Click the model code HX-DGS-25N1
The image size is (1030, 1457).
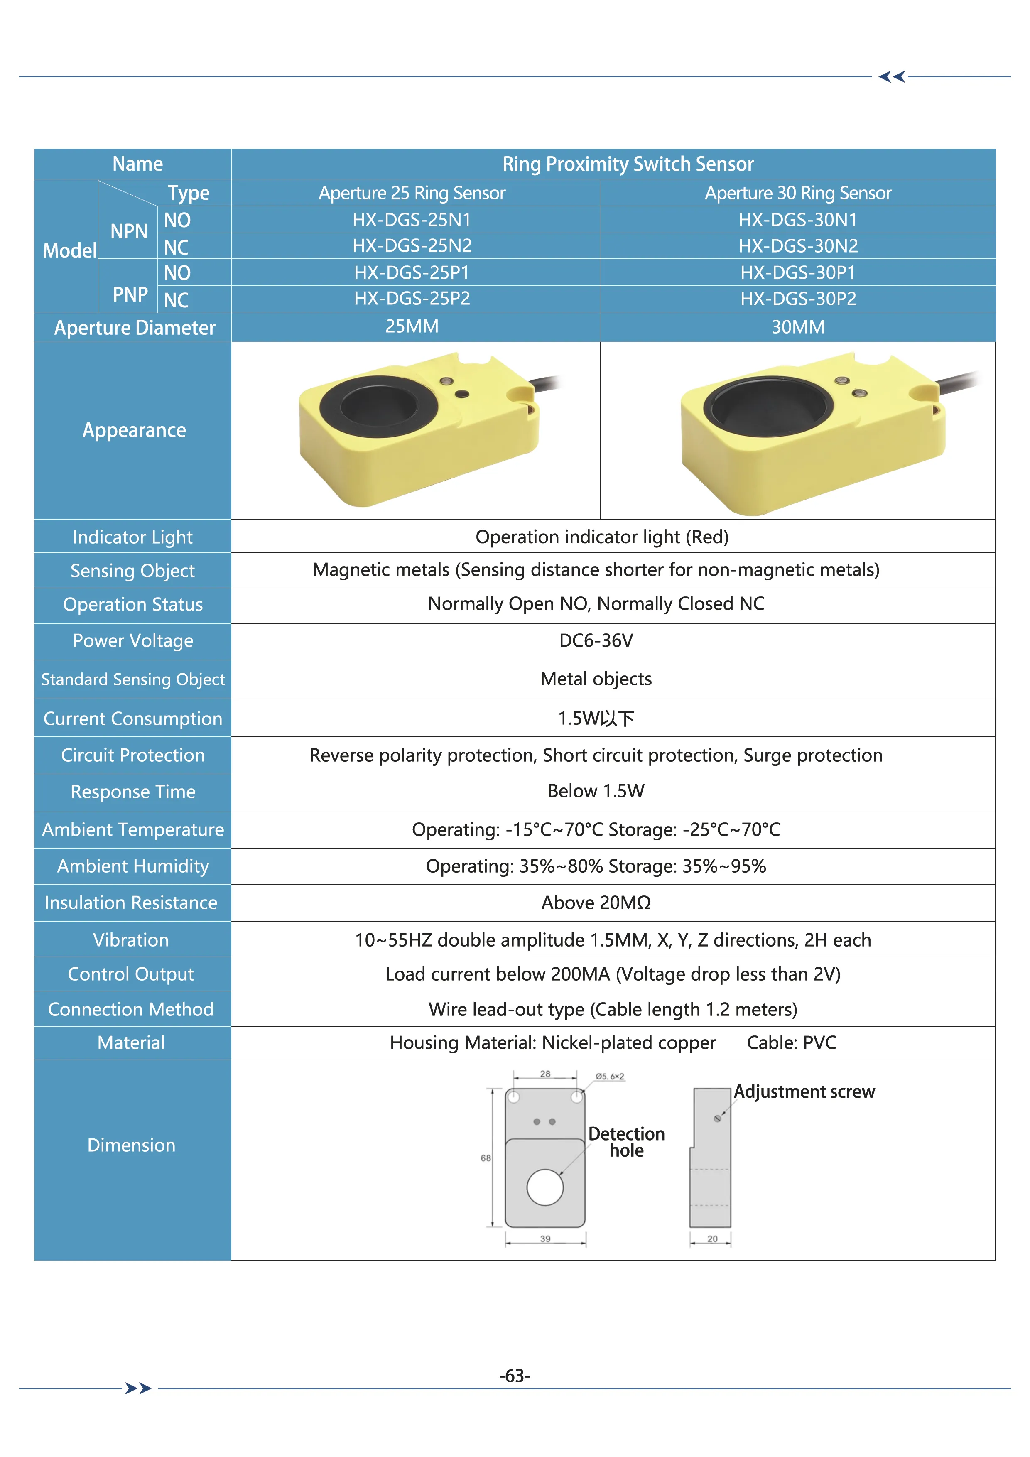412,220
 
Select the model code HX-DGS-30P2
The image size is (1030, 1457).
798,299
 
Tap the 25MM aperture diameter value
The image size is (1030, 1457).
412,327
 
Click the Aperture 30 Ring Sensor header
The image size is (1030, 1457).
798,193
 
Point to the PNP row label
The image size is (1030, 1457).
130,294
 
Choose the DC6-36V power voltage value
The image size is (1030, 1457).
596,641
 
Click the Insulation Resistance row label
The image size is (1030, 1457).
131,903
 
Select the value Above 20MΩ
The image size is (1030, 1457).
596,903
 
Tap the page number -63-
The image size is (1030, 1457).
515,1376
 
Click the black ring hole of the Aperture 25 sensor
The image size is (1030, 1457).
379,406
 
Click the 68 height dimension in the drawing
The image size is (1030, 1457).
486,1158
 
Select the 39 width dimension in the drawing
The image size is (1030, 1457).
545,1239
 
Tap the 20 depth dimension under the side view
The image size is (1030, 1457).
712,1239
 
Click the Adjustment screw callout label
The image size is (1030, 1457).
804,1092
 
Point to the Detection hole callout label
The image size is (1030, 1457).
626,1142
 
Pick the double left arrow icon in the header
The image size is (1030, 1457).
892,77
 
